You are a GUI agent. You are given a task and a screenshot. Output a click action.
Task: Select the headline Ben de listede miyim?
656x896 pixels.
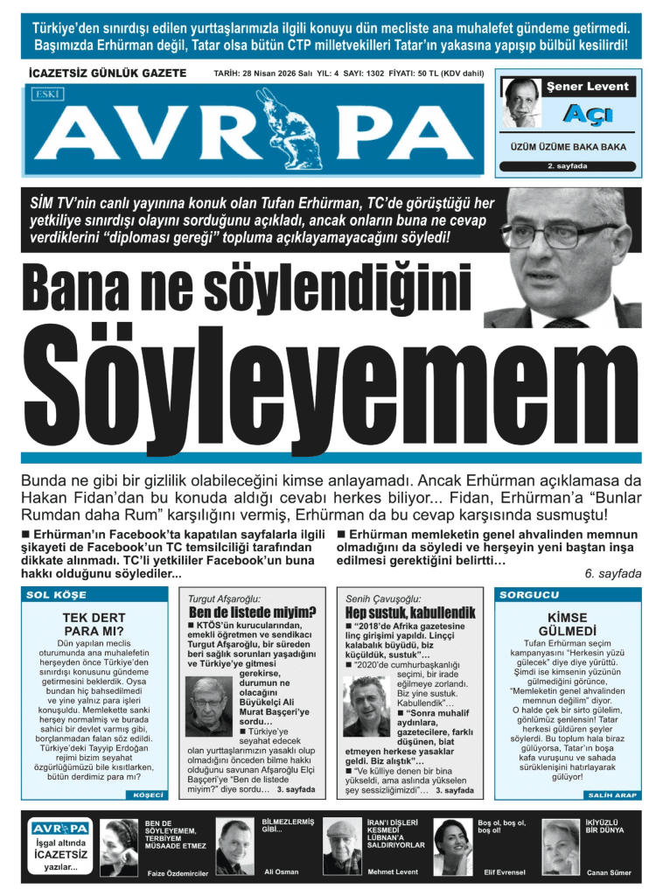pyautogui.click(x=253, y=612)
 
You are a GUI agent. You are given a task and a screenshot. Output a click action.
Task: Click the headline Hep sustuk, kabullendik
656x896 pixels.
pyautogui.click(x=409, y=612)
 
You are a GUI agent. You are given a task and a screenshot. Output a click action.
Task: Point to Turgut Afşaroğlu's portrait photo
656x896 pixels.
pyautogui.click(x=208, y=707)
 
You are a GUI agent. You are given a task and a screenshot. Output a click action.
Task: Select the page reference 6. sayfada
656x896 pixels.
pyautogui.click(x=612, y=573)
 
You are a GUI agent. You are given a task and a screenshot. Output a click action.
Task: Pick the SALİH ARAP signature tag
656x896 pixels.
pyautogui.click(x=606, y=794)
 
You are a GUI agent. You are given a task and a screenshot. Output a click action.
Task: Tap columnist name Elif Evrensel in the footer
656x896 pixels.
pyautogui.click(x=499, y=872)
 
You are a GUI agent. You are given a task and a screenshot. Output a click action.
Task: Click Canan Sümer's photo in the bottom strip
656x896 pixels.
pyautogui.click(x=561, y=845)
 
